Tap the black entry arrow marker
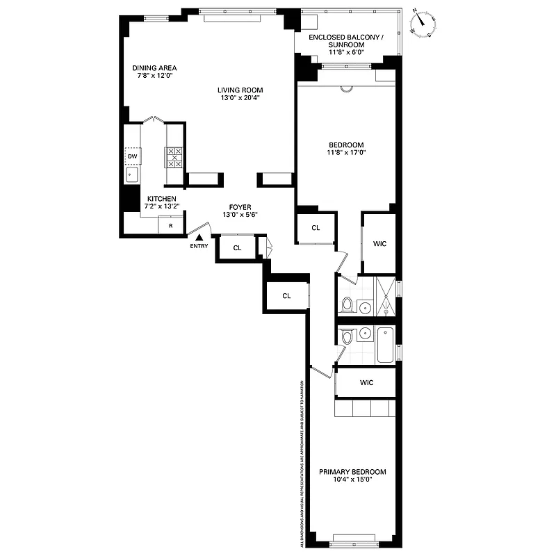(x=199, y=238)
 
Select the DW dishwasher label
(x=132, y=156)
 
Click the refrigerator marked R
(x=170, y=226)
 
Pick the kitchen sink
(x=132, y=174)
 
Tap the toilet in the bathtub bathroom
(x=347, y=337)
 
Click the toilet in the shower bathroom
(x=347, y=304)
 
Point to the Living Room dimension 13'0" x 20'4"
(x=240, y=98)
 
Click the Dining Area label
(x=154, y=68)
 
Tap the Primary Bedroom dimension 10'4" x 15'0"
(x=352, y=479)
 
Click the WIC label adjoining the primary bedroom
(x=366, y=382)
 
